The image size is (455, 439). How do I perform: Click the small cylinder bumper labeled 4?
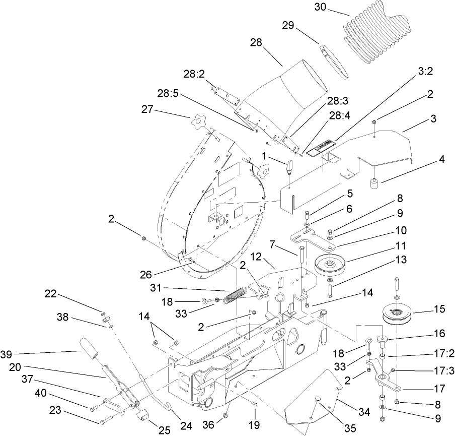(x=375, y=183)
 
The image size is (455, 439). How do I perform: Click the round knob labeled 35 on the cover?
(x=319, y=400)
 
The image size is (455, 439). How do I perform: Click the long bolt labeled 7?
(x=301, y=257)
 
